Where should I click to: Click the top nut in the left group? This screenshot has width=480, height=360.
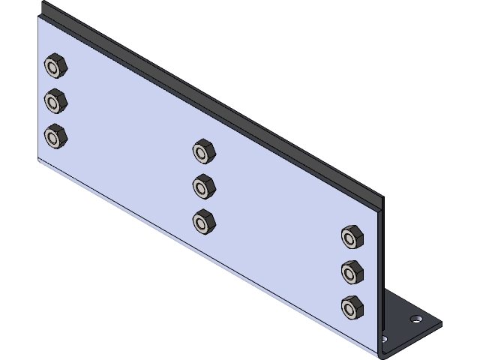click(x=55, y=66)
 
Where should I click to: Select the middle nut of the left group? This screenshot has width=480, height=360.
click(x=55, y=100)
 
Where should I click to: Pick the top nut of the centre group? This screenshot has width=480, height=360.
click(x=203, y=151)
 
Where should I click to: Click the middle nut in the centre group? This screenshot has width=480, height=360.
click(x=203, y=185)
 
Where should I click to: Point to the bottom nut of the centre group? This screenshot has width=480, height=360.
click(x=203, y=221)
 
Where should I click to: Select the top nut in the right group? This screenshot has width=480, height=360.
click(x=352, y=237)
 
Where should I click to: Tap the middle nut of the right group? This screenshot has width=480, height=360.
click(x=352, y=271)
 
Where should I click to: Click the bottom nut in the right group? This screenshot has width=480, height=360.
click(x=352, y=307)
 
